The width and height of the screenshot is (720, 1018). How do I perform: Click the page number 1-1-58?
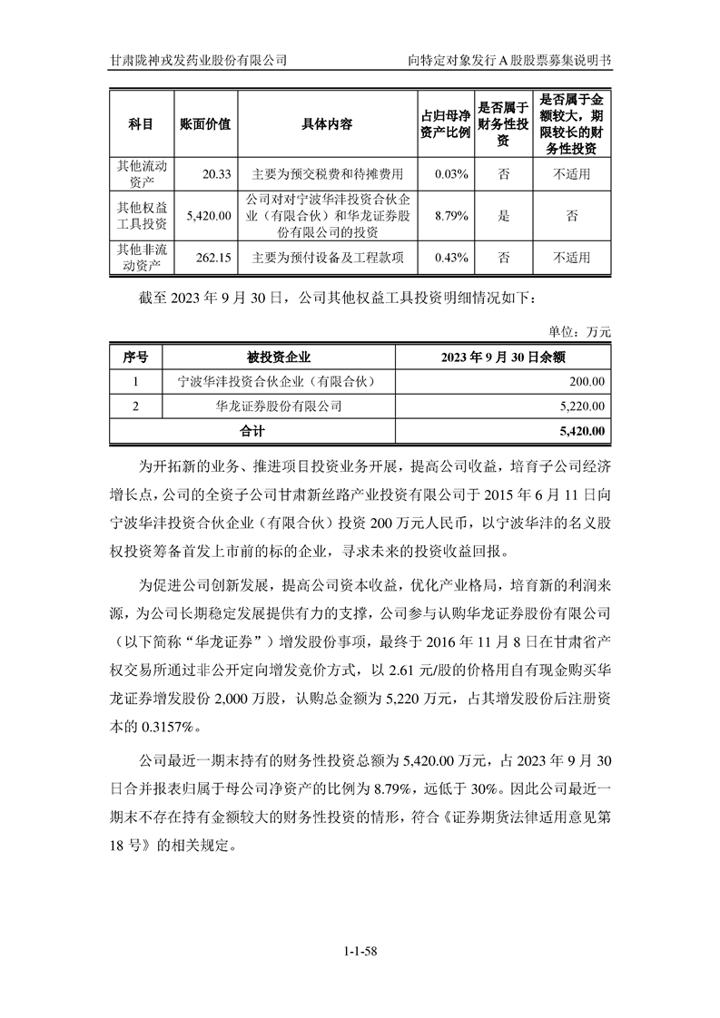[360, 951]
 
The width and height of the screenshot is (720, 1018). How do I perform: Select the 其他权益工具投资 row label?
[141, 216]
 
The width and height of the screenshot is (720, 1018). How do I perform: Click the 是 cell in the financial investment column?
[504, 216]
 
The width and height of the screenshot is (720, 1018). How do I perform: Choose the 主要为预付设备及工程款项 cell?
[327, 258]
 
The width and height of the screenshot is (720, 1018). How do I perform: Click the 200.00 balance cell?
[587, 382]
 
